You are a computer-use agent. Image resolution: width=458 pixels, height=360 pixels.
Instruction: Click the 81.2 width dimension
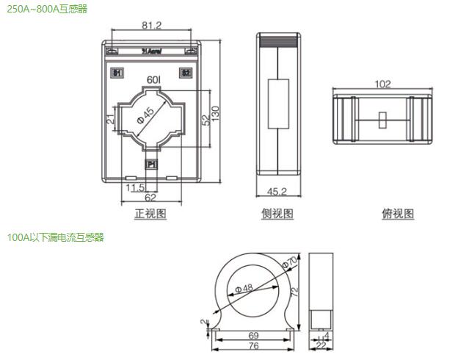[x=152, y=26]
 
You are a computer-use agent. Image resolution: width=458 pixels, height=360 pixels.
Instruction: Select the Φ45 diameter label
[x=147, y=115]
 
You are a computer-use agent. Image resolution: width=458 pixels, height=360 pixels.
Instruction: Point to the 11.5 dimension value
[x=134, y=188]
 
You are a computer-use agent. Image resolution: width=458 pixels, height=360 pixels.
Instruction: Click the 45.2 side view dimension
[x=276, y=192]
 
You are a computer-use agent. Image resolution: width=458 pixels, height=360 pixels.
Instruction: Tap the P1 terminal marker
[x=151, y=165]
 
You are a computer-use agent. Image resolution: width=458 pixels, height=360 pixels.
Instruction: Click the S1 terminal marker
[x=116, y=73]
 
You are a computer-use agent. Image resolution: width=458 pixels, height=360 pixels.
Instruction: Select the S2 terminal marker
[x=186, y=73]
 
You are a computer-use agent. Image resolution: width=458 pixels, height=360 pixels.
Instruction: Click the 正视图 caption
[x=150, y=214]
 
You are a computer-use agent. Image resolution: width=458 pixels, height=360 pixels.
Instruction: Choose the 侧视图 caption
[x=277, y=214]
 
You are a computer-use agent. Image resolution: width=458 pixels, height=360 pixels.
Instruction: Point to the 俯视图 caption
[x=398, y=214]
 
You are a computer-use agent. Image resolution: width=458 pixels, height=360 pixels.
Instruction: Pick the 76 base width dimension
[x=254, y=346]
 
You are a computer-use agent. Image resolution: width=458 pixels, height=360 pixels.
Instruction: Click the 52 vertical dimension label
[x=206, y=118]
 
